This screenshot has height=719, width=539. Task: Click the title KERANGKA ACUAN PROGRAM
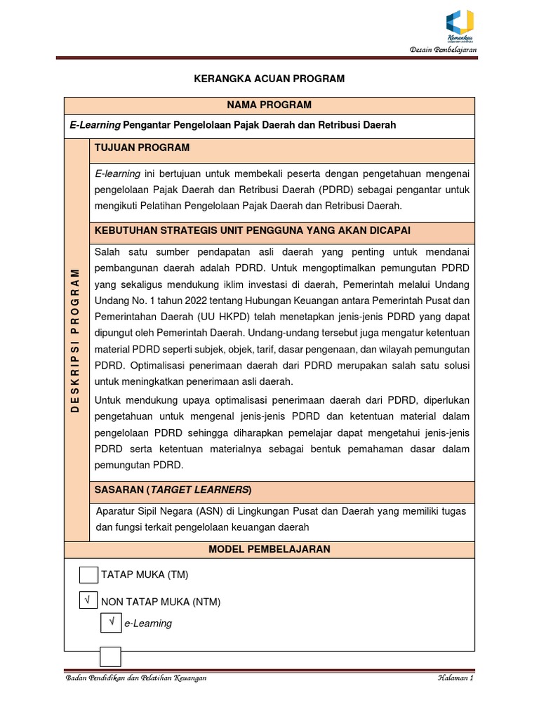pos(269,79)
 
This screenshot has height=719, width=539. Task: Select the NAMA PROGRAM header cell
pos(269,105)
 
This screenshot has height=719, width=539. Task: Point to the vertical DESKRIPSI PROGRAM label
pos(76,340)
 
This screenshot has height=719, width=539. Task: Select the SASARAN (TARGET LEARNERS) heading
pos(173,489)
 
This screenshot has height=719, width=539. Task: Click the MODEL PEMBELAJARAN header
pos(269,549)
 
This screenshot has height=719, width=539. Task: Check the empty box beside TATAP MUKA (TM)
pos(88,574)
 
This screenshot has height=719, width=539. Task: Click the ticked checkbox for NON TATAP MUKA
pos(88,601)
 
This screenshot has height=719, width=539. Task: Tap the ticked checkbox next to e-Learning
pos(111,622)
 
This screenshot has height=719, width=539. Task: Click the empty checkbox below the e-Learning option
pos(110,657)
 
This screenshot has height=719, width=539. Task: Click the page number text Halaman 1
pos(455,679)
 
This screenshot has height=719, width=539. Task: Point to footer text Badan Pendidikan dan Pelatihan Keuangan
pos(135,679)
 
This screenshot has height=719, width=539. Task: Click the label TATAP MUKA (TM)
pos(145,574)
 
